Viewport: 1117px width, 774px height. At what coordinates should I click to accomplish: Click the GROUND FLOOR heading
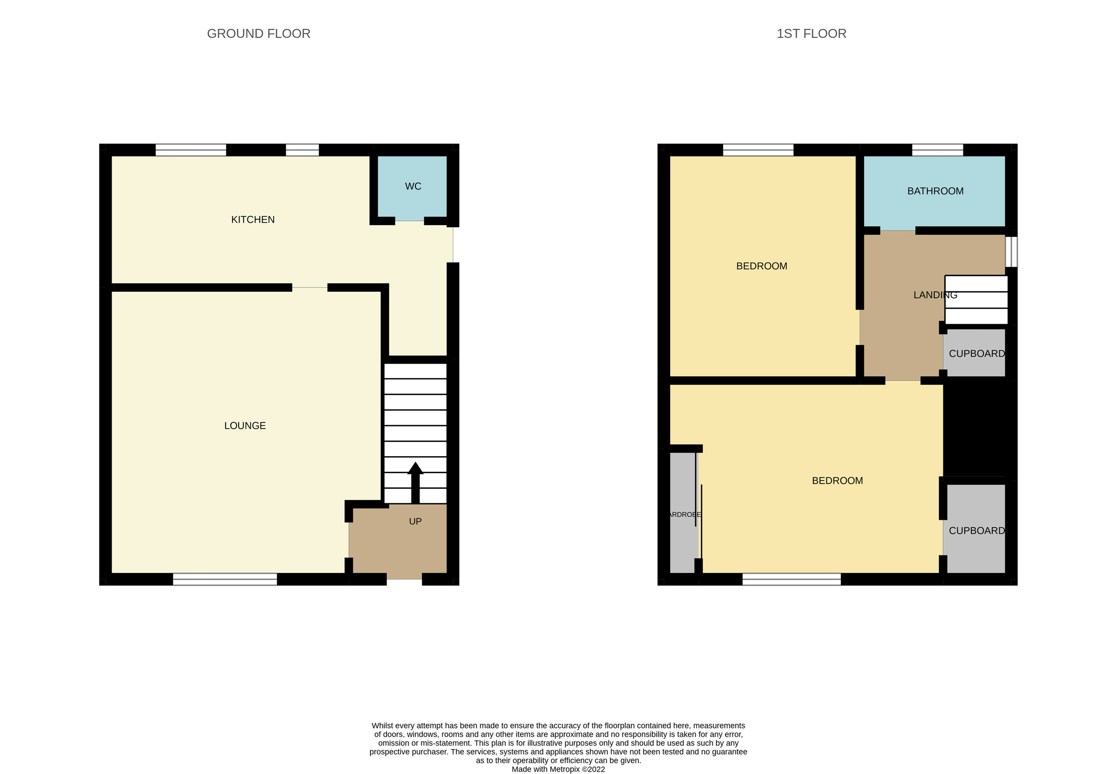click(258, 34)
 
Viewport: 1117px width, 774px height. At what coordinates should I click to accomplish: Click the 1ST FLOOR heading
click(811, 34)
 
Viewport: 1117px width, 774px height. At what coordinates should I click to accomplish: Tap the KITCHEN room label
click(252, 220)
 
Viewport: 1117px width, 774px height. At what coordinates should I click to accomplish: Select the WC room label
click(412, 186)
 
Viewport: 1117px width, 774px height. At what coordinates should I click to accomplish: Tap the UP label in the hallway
click(415, 522)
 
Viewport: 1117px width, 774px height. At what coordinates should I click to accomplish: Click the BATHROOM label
click(935, 191)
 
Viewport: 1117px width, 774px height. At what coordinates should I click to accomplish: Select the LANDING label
click(935, 295)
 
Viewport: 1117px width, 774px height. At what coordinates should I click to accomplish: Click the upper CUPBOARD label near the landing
click(976, 354)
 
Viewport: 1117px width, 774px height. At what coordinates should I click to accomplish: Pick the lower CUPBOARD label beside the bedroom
click(976, 531)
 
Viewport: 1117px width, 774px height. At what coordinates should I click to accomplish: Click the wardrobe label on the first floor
click(684, 515)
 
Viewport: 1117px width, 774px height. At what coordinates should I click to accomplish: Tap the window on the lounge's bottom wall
click(225, 579)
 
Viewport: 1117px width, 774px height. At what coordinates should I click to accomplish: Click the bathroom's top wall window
click(937, 150)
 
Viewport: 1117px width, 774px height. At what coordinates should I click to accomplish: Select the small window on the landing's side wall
click(1011, 251)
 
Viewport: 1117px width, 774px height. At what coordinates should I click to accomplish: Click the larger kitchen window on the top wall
click(191, 150)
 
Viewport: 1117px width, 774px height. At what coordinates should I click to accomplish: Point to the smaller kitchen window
click(302, 150)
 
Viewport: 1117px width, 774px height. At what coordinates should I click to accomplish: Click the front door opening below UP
click(404, 579)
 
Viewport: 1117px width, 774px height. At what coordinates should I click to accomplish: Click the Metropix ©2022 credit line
click(558, 769)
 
